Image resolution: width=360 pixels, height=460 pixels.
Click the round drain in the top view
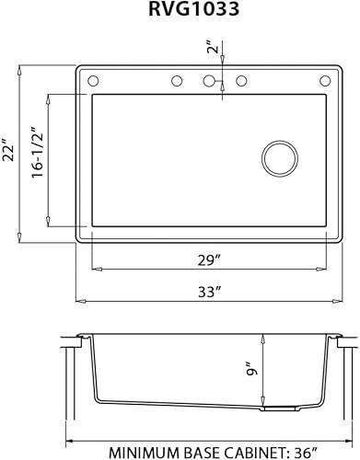click(279, 158)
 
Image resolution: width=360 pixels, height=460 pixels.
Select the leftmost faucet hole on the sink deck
click(93, 82)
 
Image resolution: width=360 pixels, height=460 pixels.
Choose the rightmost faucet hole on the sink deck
click(323, 82)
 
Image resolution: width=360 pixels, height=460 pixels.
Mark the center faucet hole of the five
click(209, 82)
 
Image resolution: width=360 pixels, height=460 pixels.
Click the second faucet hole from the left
click(176, 82)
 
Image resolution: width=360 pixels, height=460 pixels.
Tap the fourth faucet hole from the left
click(241, 82)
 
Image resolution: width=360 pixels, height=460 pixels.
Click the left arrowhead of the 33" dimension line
click(79, 301)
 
